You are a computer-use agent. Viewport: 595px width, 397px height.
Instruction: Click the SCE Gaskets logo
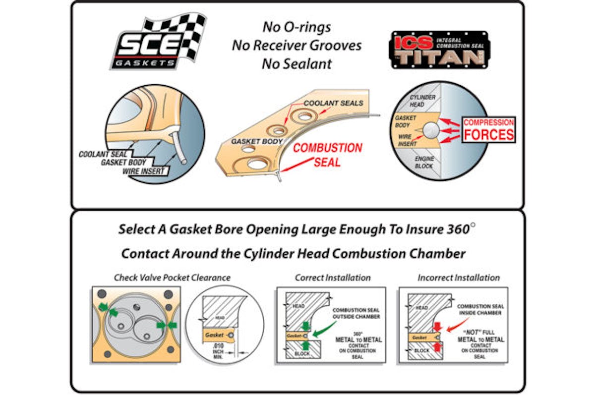coord(158,44)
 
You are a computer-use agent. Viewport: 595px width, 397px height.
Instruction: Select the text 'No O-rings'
coord(297,28)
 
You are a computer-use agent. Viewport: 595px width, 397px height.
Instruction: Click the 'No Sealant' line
coord(297,63)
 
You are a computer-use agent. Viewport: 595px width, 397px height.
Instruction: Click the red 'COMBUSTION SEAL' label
coord(328,155)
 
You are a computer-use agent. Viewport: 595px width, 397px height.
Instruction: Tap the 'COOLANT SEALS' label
coord(333,103)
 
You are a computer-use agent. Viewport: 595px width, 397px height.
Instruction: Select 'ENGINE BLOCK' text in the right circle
coord(425,162)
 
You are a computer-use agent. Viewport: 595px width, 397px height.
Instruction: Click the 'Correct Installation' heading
coord(333,278)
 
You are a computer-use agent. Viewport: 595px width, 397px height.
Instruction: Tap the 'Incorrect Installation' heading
coord(459,278)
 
